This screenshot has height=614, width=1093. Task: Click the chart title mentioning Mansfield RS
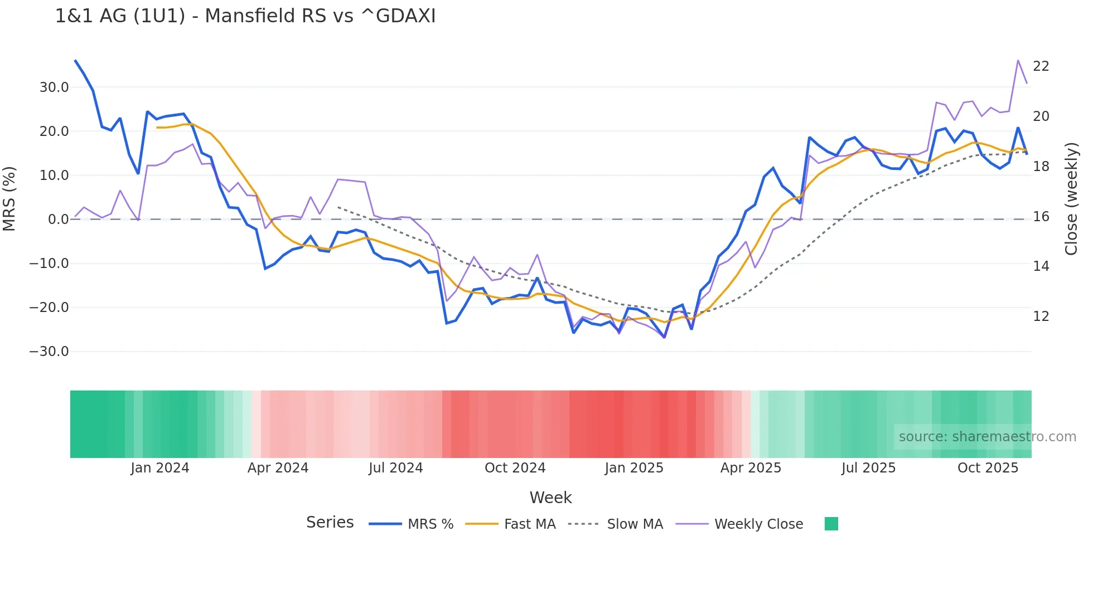[x=245, y=16]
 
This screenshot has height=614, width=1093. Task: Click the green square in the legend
[x=831, y=524]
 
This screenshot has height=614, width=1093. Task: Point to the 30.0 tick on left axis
[x=54, y=87]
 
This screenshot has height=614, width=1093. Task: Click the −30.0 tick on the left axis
[x=49, y=352]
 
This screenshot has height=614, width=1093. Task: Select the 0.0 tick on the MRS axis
[x=58, y=220]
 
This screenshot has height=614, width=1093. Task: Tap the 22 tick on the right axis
[x=1041, y=66]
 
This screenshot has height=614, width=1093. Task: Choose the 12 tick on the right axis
[x=1041, y=316]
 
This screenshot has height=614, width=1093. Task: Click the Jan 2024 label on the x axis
[x=160, y=468]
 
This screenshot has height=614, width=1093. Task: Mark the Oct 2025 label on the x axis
[x=988, y=468]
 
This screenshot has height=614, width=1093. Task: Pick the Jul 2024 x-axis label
[x=395, y=468]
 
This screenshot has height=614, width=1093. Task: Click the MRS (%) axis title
[x=9, y=199]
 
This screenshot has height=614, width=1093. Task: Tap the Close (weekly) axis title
[x=1071, y=199]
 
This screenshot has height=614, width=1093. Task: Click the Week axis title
[x=550, y=498]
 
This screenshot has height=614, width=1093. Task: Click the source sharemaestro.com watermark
[x=987, y=437]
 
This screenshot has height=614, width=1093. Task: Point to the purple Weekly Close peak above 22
[x=1018, y=61]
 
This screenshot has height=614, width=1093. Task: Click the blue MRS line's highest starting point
[x=75, y=61]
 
